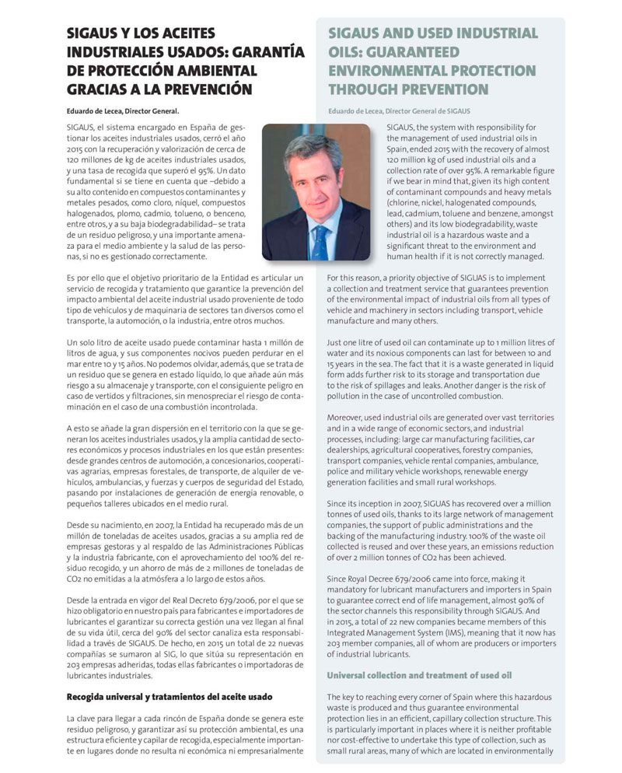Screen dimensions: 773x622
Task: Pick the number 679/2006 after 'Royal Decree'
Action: [x=421, y=579]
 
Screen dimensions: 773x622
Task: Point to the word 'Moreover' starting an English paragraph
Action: [x=348, y=418]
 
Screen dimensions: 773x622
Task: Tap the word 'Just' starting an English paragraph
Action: [x=337, y=342]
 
